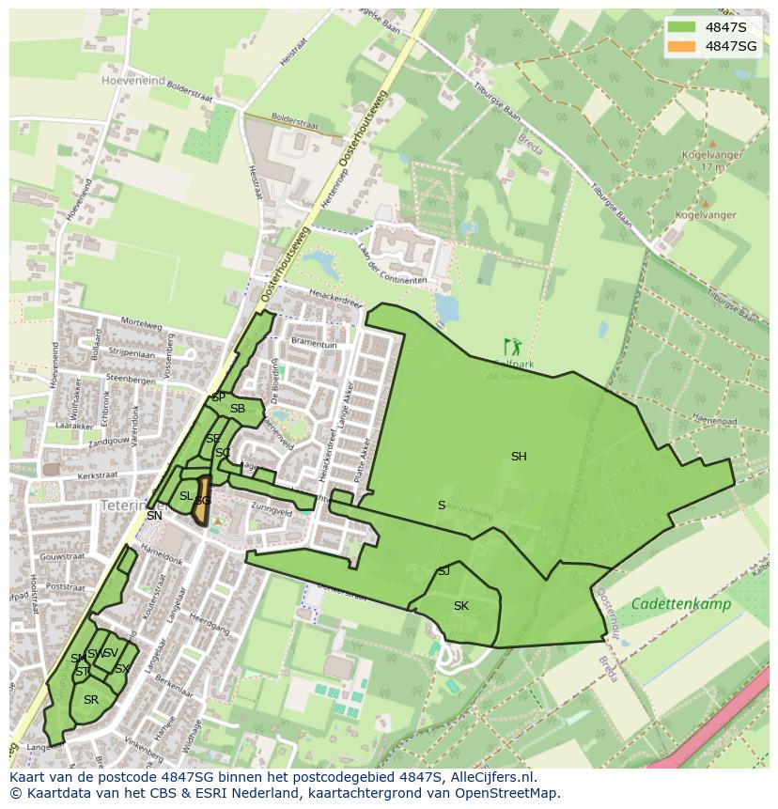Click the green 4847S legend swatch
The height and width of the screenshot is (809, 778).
(x=682, y=27)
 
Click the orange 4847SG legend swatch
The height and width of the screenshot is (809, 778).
(x=682, y=46)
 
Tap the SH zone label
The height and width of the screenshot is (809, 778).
(x=519, y=457)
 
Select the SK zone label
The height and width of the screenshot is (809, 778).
(x=460, y=606)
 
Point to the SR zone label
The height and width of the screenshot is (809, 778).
(x=90, y=700)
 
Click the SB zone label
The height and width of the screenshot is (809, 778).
(x=238, y=409)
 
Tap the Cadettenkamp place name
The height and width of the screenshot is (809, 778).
(x=680, y=604)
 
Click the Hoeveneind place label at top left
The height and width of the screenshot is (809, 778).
(x=133, y=81)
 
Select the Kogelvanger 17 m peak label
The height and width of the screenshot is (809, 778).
(x=703, y=161)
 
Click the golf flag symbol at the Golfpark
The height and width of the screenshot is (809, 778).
(x=511, y=347)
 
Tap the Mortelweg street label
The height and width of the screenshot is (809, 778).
(x=141, y=325)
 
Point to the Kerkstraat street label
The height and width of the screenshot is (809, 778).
(x=97, y=477)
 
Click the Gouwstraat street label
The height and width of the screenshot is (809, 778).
(x=63, y=557)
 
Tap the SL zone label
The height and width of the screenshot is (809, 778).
(x=186, y=496)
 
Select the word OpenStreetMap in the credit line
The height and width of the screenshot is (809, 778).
(x=509, y=793)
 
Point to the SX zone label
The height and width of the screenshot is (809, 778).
(x=121, y=669)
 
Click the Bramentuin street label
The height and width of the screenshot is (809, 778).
(x=314, y=345)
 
